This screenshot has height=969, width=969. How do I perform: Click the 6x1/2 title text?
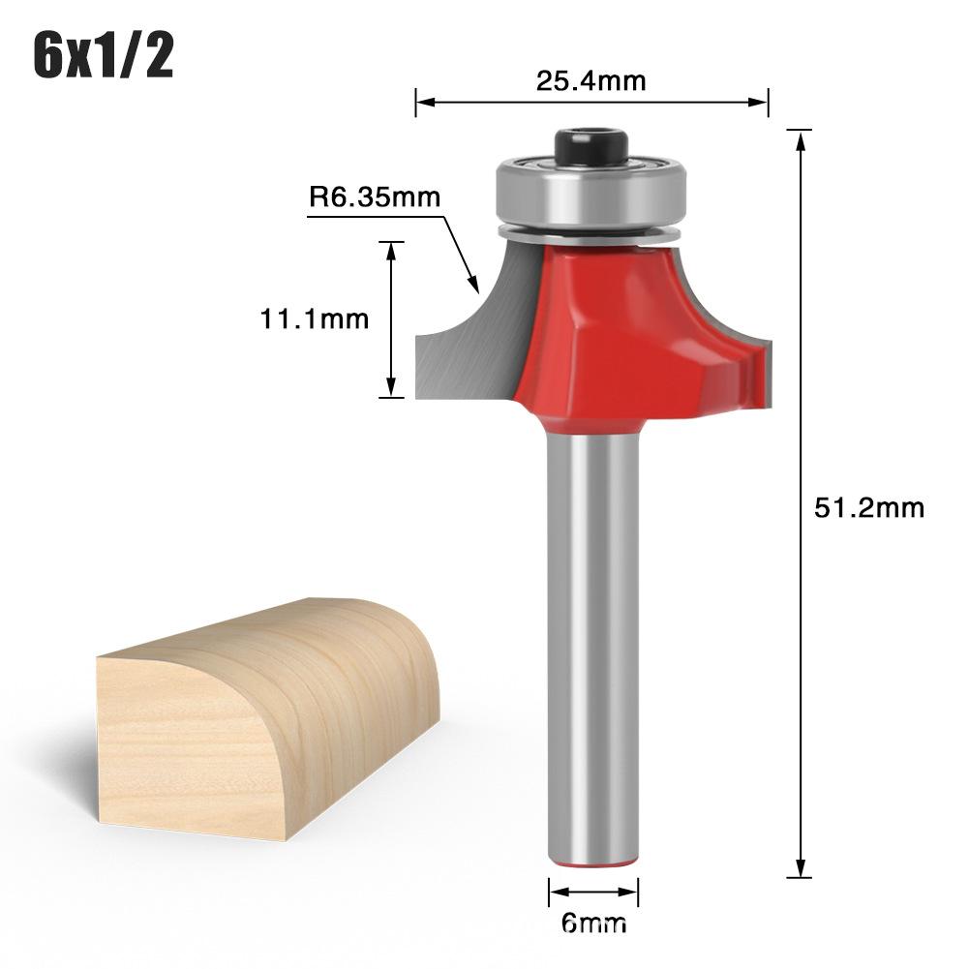coord(104,56)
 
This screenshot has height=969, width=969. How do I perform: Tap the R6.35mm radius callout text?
coord(375,198)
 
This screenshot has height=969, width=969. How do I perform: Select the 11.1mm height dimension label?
coord(315,318)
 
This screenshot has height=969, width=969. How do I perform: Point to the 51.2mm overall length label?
coord(869,507)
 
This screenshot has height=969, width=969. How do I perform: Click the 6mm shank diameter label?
coord(592,923)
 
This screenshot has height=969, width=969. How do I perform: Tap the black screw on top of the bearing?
coord(590,145)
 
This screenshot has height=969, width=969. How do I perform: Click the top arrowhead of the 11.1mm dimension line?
coord(391,249)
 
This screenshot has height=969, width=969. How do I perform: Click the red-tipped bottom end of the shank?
coord(592,860)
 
